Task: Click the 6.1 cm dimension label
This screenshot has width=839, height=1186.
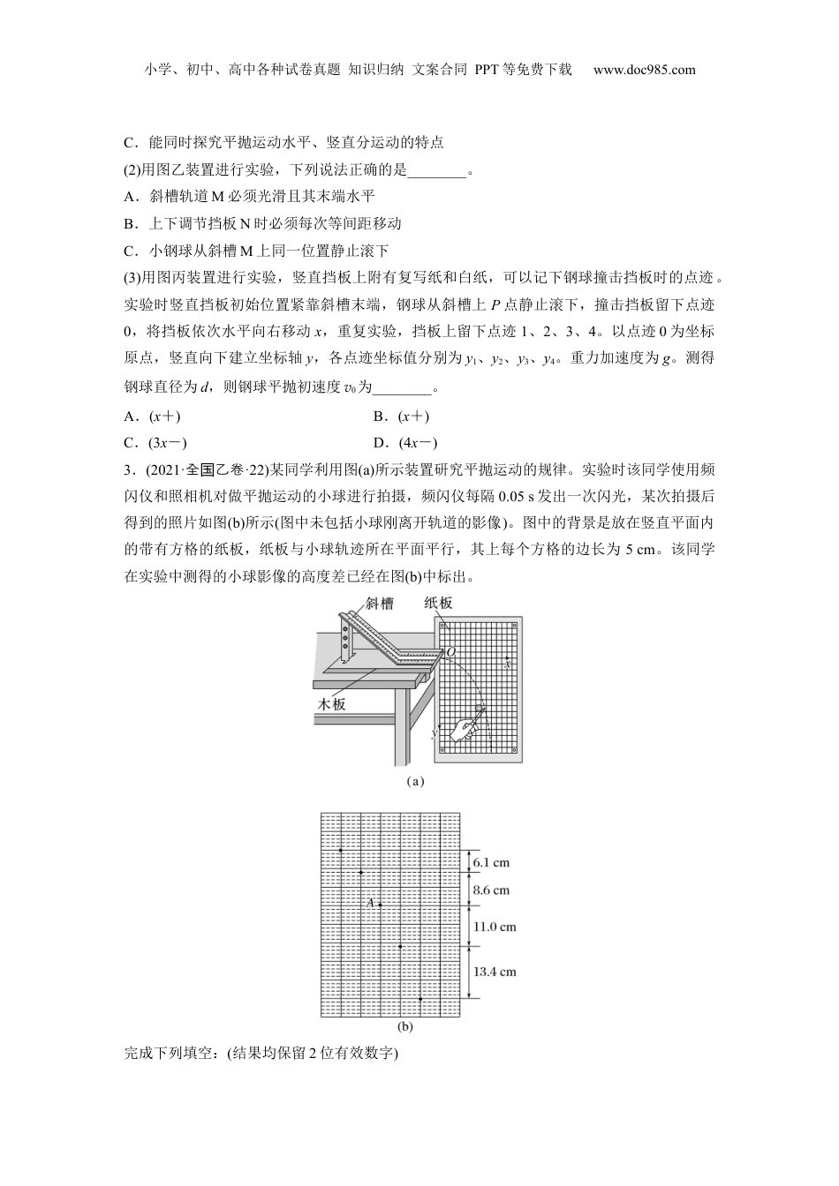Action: (490, 862)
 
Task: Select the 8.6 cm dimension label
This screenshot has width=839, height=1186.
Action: (491, 890)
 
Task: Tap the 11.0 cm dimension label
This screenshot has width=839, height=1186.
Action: (495, 927)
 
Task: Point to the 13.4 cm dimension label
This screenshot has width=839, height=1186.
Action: (495, 972)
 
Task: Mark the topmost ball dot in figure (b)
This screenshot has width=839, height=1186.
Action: (341, 850)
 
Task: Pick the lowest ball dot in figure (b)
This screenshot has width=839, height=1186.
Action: (420, 998)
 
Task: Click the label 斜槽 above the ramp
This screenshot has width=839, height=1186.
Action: (379, 604)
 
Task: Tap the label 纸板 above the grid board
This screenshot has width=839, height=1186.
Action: (438, 603)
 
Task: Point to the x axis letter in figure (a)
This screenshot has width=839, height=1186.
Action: (507, 663)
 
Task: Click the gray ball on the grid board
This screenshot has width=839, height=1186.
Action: (480, 709)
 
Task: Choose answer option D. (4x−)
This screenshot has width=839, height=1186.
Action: (405, 443)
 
